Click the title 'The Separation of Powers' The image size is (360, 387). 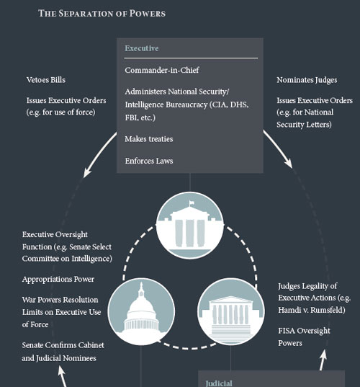pyautogui.click(x=102, y=13)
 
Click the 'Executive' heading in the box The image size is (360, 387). pyautogui.click(x=142, y=48)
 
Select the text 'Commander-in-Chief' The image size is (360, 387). pyautogui.click(x=162, y=70)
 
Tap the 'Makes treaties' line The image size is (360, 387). pyautogui.click(x=149, y=139)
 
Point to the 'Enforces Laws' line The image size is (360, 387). pyautogui.click(x=149, y=161)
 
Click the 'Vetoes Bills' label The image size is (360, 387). pyautogui.click(x=46, y=80)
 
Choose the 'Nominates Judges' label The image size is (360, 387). pyautogui.click(x=307, y=80)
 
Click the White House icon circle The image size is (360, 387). pyautogui.click(x=190, y=226)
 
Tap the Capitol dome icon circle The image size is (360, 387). pyautogui.click(x=141, y=311)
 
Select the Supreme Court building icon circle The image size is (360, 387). pyautogui.click(x=231, y=311)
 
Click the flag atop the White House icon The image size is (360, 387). pyautogui.click(x=192, y=203)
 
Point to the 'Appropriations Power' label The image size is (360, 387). pyautogui.click(x=58, y=279)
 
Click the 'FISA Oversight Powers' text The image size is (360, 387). pyautogui.click(x=304, y=337)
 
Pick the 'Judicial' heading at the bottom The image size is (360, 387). pyautogui.click(x=219, y=383)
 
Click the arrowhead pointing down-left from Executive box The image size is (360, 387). pyautogui.click(x=87, y=172)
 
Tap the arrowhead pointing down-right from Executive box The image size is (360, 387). pyautogui.click(x=289, y=163)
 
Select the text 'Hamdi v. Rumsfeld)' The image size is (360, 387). pyautogui.click(x=312, y=310)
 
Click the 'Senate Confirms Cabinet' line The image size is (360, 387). pyautogui.click(x=63, y=345)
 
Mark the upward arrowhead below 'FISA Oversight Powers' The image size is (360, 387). pyautogui.click(x=324, y=355)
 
